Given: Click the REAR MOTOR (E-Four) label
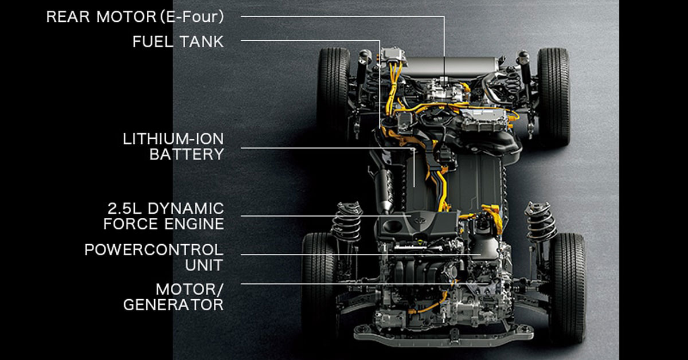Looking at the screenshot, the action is pyautogui.click(x=135, y=17).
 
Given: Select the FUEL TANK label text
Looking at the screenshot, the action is pyautogui.click(x=178, y=42).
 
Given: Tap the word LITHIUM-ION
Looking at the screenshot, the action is pyautogui.click(x=173, y=139).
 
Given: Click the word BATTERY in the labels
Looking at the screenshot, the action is pyautogui.click(x=187, y=154).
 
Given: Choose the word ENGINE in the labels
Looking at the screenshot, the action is pyautogui.click(x=194, y=224).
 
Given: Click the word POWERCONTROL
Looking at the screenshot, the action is pyautogui.click(x=154, y=250).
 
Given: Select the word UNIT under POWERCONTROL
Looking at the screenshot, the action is pyautogui.click(x=204, y=265).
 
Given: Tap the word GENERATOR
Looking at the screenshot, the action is pyautogui.click(x=173, y=305).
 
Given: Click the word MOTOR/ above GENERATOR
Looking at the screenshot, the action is pyautogui.click(x=190, y=289).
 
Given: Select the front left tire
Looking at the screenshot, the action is pyautogui.click(x=319, y=285).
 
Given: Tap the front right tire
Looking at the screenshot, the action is pyautogui.click(x=568, y=287).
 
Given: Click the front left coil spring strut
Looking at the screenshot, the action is pyautogui.click(x=347, y=222).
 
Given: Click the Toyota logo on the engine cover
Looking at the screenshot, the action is pyautogui.click(x=417, y=220).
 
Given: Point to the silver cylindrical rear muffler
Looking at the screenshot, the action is pyautogui.click(x=450, y=66).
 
